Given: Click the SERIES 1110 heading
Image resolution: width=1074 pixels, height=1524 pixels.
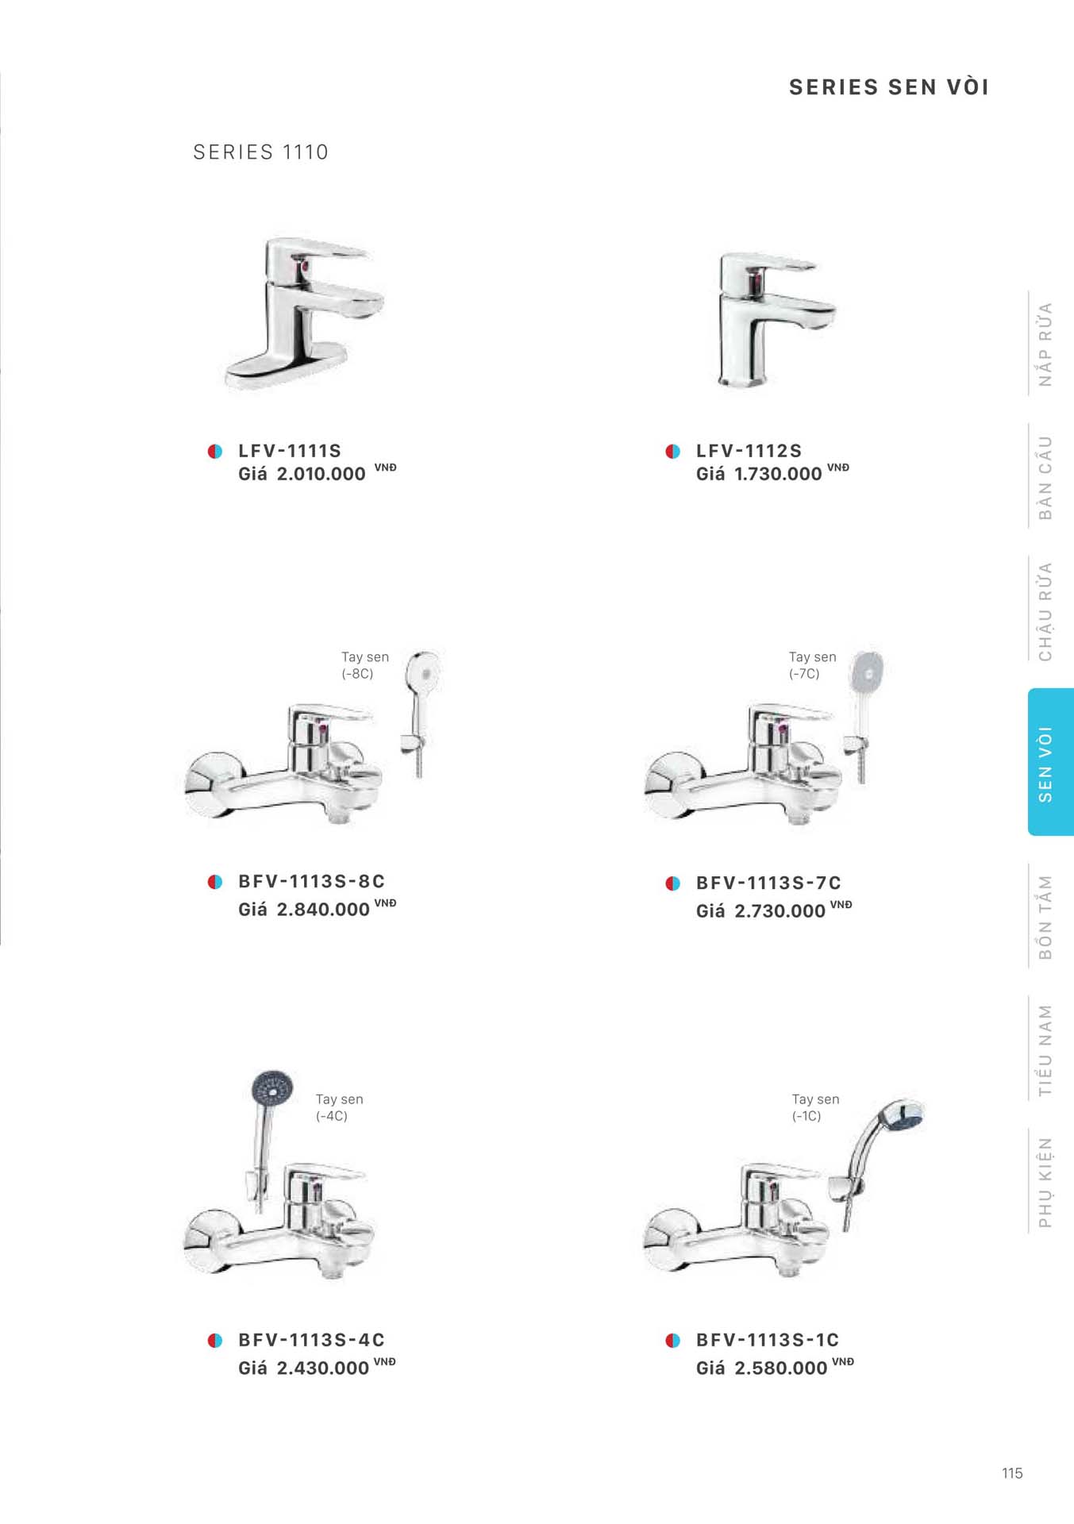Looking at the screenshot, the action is pos(260,152).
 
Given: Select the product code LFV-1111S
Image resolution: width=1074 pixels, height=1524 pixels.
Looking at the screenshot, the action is pos(290,451).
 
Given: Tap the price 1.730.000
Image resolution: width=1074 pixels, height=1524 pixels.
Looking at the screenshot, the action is pos(778,474).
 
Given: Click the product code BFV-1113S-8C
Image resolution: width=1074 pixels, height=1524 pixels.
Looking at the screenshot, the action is pos(311,881).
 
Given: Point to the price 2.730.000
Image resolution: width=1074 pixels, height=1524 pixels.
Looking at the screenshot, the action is pos(780,910).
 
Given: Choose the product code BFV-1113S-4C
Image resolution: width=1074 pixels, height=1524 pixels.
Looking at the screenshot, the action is pos(311,1340).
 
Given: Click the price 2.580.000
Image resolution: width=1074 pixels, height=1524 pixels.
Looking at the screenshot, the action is pos(781,1368).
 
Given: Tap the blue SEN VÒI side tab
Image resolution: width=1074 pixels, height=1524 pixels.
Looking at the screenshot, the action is pos(1051,762).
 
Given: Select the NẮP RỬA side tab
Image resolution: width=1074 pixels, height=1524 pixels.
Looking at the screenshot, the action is pos(1045,344).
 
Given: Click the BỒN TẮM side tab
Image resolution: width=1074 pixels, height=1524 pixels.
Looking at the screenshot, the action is pos(1045,917).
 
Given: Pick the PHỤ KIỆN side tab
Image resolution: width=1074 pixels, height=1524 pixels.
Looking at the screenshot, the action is pos(1045,1182).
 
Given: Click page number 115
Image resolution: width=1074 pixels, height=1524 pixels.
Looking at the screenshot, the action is pos(1012,1473).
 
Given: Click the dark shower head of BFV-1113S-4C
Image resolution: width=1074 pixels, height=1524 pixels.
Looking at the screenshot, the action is pos(272,1089).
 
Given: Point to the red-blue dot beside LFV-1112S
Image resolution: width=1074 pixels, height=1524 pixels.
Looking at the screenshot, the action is pos(673,452).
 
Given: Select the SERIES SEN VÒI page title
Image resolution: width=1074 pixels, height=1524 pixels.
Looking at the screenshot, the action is pos(889,87).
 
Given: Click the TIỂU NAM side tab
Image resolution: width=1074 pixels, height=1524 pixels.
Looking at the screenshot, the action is pos(1045,1050).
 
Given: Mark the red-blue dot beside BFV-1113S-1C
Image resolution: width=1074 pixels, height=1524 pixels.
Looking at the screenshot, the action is pos(673,1341).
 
